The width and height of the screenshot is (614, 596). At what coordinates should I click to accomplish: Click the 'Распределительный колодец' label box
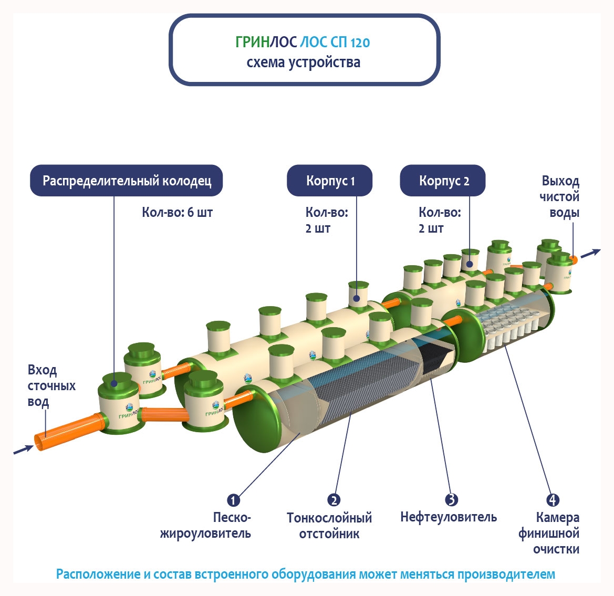[x=127, y=181]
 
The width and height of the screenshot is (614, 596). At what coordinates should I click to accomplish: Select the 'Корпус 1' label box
[x=330, y=181]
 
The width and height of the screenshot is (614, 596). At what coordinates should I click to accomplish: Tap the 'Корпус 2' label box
[x=443, y=181]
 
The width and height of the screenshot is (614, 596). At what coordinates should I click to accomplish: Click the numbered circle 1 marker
[x=233, y=500]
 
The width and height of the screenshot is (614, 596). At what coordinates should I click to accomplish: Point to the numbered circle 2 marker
[x=334, y=500]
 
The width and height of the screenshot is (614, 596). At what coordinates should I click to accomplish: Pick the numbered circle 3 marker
[x=451, y=500]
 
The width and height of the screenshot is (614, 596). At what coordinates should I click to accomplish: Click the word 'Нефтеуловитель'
[x=448, y=517]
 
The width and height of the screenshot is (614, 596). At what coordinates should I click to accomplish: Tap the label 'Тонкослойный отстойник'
[x=329, y=526]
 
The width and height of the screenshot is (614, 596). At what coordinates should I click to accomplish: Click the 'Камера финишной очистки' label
[x=550, y=533]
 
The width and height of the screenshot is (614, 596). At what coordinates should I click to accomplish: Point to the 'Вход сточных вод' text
[x=50, y=386]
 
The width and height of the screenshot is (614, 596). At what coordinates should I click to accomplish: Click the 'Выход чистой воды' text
[x=560, y=197]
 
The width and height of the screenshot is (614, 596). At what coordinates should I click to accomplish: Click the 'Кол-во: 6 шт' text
[x=177, y=213]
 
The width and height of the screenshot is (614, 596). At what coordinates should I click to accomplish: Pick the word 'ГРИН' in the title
[x=252, y=42]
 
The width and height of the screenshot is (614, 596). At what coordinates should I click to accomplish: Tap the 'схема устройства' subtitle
[x=304, y=62]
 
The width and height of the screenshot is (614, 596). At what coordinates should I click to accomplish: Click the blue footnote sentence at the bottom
[x=305, y=574]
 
